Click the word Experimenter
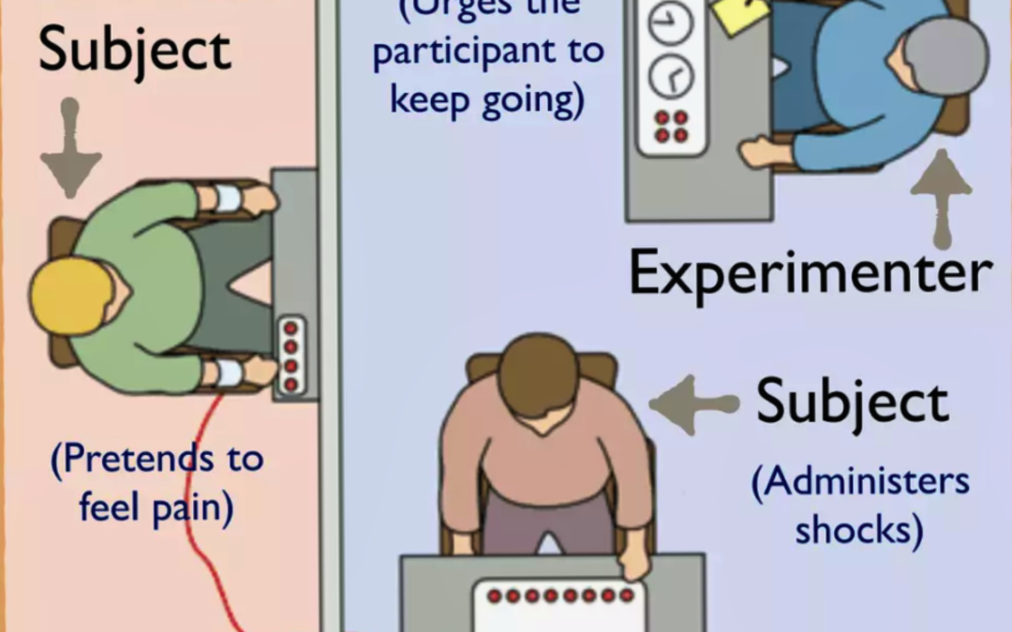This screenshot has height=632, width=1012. [811, 273]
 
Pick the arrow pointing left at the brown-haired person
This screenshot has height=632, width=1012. [693, 404]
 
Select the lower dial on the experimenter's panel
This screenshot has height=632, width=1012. [671, 75]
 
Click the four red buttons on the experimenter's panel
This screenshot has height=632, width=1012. [671, 126]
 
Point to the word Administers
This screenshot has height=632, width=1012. [860, 482]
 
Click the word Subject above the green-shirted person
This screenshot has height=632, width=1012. [134, 49]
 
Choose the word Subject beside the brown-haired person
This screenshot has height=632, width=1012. [853, 403]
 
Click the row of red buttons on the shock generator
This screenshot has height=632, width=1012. [559, 595]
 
